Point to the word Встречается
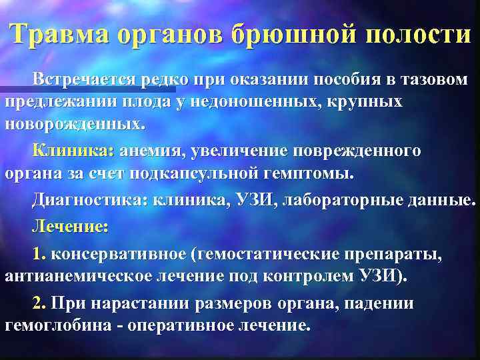[85, 81]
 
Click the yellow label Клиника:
[73, 151]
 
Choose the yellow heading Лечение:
[69, 227]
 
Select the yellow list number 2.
[39, 303]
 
